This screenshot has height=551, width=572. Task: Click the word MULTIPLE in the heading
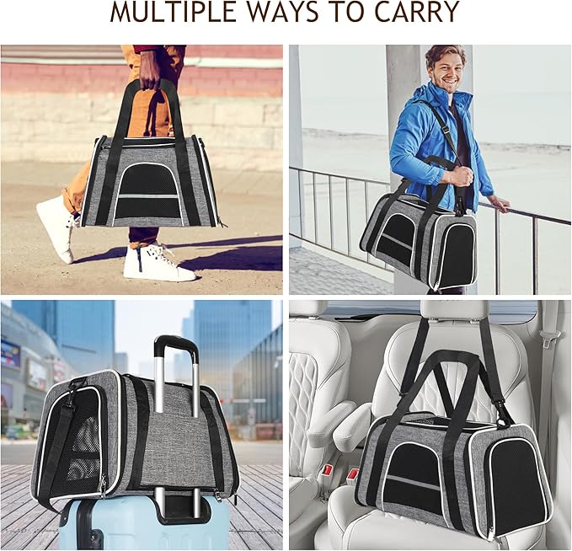click(174, 12)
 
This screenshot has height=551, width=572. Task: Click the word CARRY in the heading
click(417, 12)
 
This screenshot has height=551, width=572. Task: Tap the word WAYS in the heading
click(285, 12)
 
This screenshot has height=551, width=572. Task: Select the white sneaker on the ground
click(159, 264)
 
